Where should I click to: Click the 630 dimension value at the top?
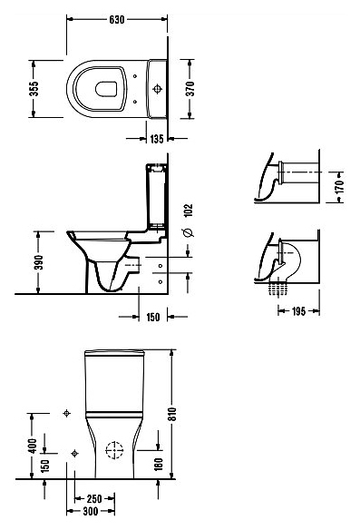(x=117, y=20)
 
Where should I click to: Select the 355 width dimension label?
(x=34, y=89)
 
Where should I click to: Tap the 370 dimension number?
(x=190, y=89)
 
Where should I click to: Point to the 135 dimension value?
(x=157, y=139)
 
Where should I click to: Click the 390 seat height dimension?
(x=39, y=262)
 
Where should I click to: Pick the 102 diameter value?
(x=189, y=211)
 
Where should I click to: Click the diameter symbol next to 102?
(x=189, y=232)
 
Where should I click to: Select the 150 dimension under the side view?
(x=153, y=317)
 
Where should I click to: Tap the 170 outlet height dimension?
(x=340, y=187)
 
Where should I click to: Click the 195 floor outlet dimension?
(x=298, y=311)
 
